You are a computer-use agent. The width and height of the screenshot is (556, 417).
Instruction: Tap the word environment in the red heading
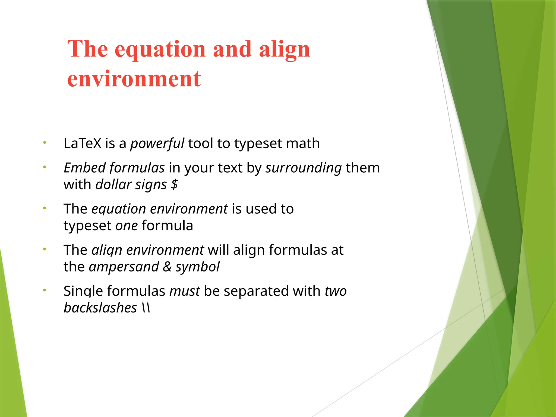(x=134, y=79)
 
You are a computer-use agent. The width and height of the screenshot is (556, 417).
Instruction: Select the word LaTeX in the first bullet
(x=82, y=143)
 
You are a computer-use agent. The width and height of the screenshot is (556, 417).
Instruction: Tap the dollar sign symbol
(x=174, y=185)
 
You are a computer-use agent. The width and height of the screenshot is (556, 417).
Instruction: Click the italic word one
(x=127, y=226)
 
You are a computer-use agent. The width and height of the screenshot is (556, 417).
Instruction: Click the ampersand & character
(x=167, y=267)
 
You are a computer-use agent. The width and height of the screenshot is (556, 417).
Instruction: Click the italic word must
(x=185, y=291)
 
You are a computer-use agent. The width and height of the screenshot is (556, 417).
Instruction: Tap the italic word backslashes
(x=100, y=308)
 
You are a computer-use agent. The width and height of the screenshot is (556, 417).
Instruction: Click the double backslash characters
(x=146, y=308)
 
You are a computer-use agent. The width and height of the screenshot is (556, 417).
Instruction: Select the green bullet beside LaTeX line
(x=45, y=143)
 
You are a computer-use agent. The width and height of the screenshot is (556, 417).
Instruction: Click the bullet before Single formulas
(x=45, y=290)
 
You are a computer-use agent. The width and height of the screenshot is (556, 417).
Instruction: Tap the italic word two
(x=336, y=291)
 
